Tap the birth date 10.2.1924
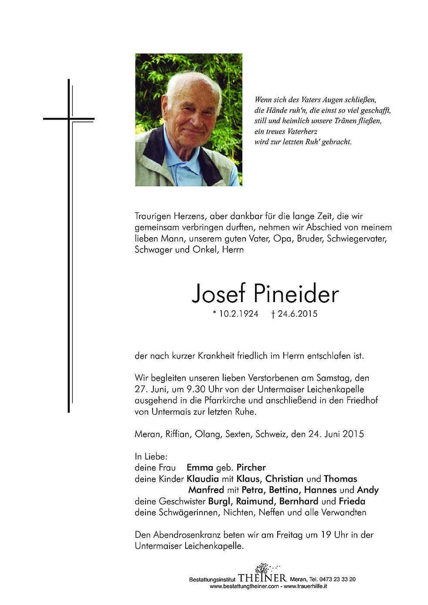239,314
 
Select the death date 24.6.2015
298,314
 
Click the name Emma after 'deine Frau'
200,467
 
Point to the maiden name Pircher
251,467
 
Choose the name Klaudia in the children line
203,479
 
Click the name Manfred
206,490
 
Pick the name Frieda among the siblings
352,501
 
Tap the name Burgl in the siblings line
219,501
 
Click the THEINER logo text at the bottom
262,578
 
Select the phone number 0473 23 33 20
337,579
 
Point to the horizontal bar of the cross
68,118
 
